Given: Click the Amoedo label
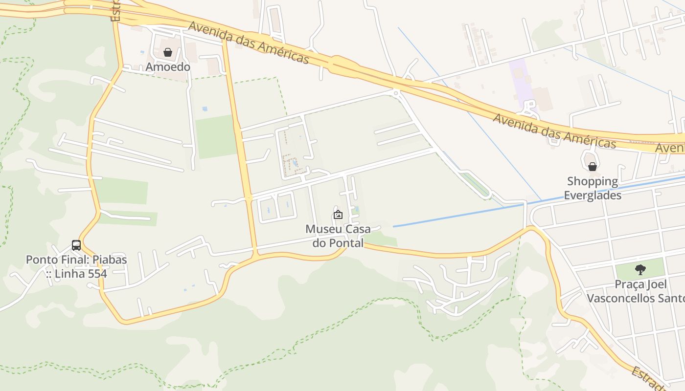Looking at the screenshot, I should tap(168, 67).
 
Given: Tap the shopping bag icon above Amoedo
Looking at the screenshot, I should tap(168, 52).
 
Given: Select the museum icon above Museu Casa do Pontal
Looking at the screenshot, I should tap(338, 214).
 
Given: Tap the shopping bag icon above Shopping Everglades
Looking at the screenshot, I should tap(592, 167).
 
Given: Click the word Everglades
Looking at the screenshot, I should tap(593, 195).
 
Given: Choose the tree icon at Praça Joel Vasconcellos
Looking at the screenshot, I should tap(639, 269).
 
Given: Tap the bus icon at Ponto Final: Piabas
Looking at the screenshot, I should tap(76, 245).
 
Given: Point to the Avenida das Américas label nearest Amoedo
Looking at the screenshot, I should tap(249, 42).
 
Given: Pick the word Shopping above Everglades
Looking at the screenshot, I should tap(593, 181).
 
